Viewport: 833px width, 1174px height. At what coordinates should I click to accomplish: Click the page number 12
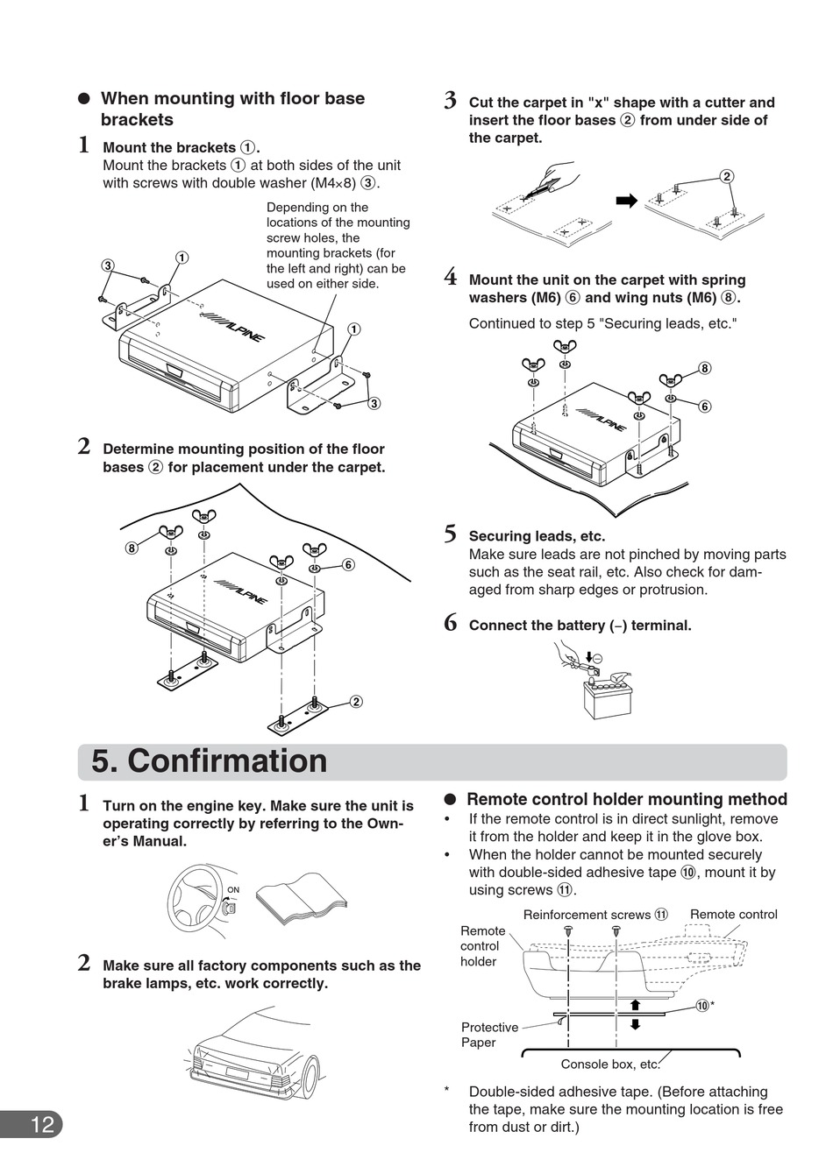42,1124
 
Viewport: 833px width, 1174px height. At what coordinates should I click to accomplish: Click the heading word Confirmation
227,760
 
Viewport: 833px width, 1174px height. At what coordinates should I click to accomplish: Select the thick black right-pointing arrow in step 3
626,202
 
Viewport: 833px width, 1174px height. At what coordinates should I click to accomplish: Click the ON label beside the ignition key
233,890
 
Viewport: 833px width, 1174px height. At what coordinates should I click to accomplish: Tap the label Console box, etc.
609,1064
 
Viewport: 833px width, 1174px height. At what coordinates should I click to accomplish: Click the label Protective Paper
489,1035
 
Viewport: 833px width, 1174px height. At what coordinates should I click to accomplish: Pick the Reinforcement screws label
587,915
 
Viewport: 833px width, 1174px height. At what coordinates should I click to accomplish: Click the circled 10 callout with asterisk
703,1005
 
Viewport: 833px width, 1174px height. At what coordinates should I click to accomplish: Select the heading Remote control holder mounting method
626,799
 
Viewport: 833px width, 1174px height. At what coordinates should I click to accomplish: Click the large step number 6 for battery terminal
450,624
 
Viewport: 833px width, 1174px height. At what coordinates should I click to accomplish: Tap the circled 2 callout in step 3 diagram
726,176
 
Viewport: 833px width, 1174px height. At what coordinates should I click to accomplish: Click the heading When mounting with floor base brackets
232,109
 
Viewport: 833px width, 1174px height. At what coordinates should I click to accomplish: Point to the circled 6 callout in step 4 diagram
704,407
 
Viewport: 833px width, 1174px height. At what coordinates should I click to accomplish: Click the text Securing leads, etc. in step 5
537,536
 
